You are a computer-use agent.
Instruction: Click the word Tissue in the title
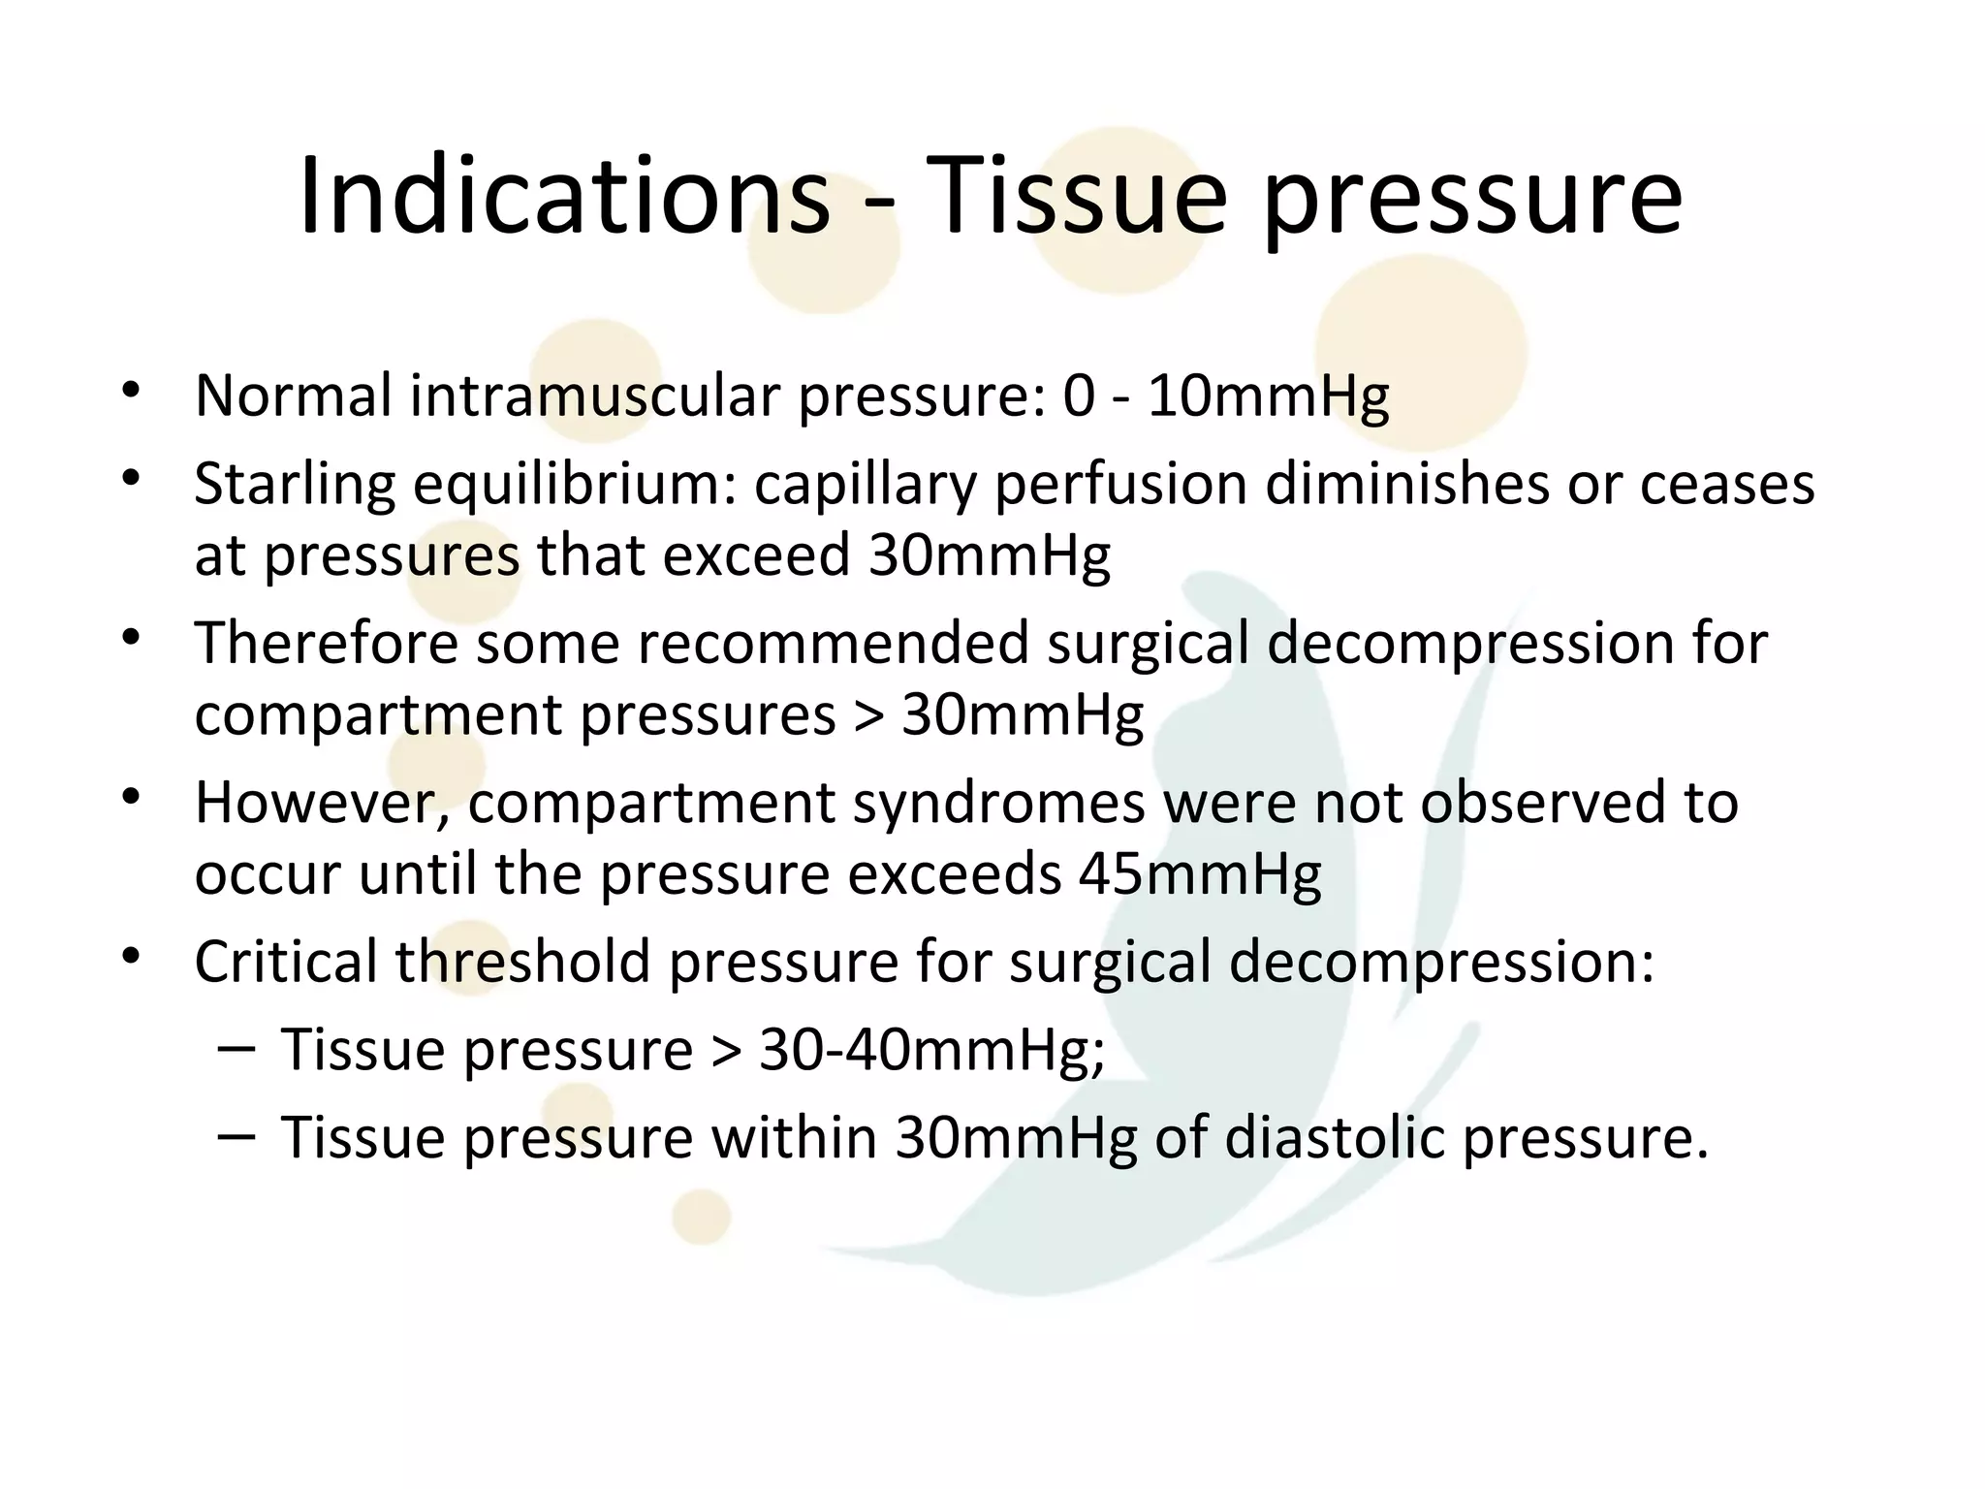click(x=1077, y=196)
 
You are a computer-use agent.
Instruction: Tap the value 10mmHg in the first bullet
click(x=1268, y=396)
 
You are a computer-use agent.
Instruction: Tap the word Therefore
click(x=326, y=643)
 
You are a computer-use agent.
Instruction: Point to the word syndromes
click(x=998, y=803)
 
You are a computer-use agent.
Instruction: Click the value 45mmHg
click(x=1200, y=874)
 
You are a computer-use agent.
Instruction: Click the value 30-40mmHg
click(x=931, y=1050)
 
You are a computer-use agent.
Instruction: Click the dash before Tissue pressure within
click(x=236, y=1133)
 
